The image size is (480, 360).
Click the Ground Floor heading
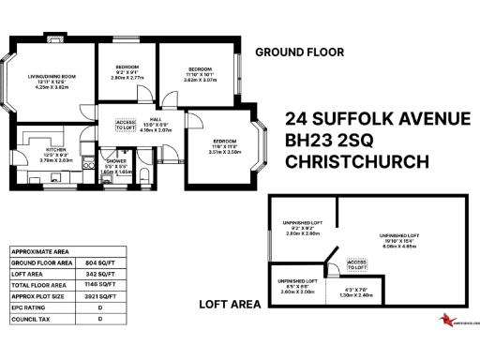click(x=299, y=52)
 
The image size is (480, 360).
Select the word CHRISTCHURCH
click(x=357, y=160)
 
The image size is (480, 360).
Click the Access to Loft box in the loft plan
click(x=356, y=264)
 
